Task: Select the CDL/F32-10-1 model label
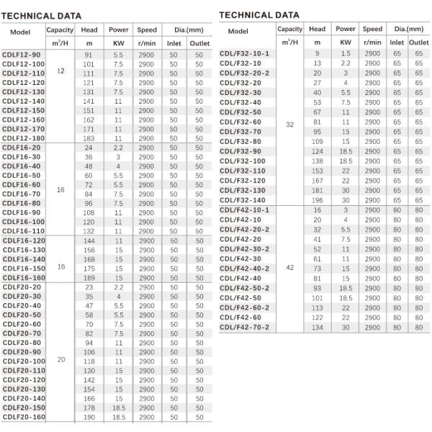point(245,53)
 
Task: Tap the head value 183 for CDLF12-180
point(89,138)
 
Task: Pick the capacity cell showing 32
point(289,125)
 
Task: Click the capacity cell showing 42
point(289,267)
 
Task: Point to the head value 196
point(317,199)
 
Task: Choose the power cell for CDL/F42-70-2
point(346,327)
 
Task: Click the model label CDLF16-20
point(22,148)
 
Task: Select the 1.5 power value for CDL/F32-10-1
point(346,53)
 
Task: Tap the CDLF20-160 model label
point(24,416)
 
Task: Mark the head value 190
point(89,416)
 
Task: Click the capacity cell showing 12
point(60,72)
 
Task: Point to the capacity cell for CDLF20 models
point(60,358)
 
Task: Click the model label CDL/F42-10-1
point(245,210)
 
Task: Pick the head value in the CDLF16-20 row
point(89,148)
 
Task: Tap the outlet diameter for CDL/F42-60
point(418,317)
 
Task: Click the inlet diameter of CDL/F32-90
point(397,151)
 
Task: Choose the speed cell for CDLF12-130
point(146,92)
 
